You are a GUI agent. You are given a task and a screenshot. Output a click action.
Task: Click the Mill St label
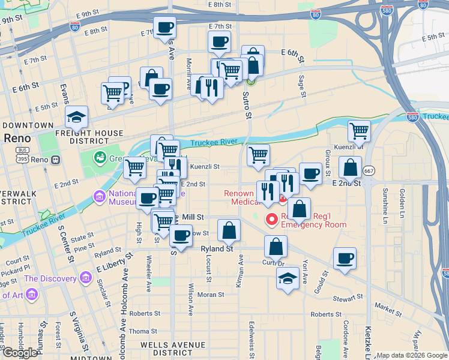coord(193,217)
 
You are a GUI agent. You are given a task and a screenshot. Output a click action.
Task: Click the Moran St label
coord(211,295)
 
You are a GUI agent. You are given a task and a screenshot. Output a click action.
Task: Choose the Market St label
coord(388,309)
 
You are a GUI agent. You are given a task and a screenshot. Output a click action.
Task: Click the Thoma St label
coord(143,331)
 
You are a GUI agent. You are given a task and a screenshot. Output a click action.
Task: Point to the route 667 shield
coord(369,170)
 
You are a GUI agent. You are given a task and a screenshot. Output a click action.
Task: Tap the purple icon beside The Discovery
coord(85,278)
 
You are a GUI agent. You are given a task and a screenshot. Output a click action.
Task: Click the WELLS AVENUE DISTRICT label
coord(166,349)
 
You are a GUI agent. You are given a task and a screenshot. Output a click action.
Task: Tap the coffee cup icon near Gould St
coord(345,259)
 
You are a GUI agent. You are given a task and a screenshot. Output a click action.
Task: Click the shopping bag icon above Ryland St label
coord(229,230)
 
